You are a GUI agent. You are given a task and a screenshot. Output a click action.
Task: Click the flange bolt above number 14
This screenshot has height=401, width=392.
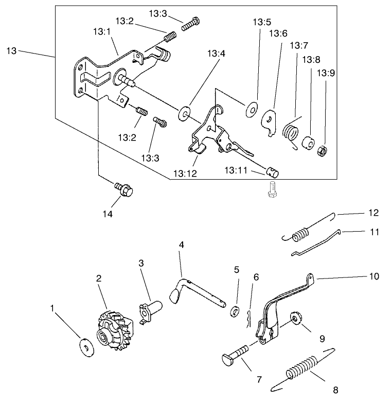coord(123,189)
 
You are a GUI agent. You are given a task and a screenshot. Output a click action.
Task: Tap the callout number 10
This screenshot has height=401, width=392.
coord(373,276)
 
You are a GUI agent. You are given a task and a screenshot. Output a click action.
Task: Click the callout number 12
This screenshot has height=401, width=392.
coord(373,212)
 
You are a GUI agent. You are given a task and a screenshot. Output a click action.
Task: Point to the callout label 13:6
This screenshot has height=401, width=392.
coord(278,33)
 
